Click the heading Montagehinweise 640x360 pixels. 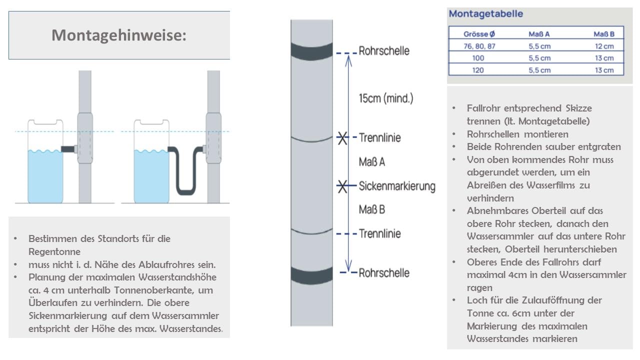click(x=119, y=35)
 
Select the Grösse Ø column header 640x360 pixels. click(x=478, y=34)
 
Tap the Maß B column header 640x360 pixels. click(x=603, y=34)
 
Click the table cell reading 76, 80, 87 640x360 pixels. click(x=478, y=46)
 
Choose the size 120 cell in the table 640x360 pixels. click(x=478, y=70)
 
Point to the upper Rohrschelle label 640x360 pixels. click(x=384, y=51)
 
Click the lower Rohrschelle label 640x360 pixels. click(x=384, y=273)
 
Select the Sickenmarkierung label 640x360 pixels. click(x=397, y=186)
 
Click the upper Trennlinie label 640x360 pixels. click(x=380, y=137)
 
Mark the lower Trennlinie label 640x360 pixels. click(x=380, y=233)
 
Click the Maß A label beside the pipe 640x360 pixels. click(x=372, y=162)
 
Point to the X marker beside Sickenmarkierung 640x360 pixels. click(x=342, y=186)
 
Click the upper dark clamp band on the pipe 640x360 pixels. click(x=311, y=50)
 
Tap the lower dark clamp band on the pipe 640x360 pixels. click(x=311, y=274)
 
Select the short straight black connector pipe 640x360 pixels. click(x=67, y=148)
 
